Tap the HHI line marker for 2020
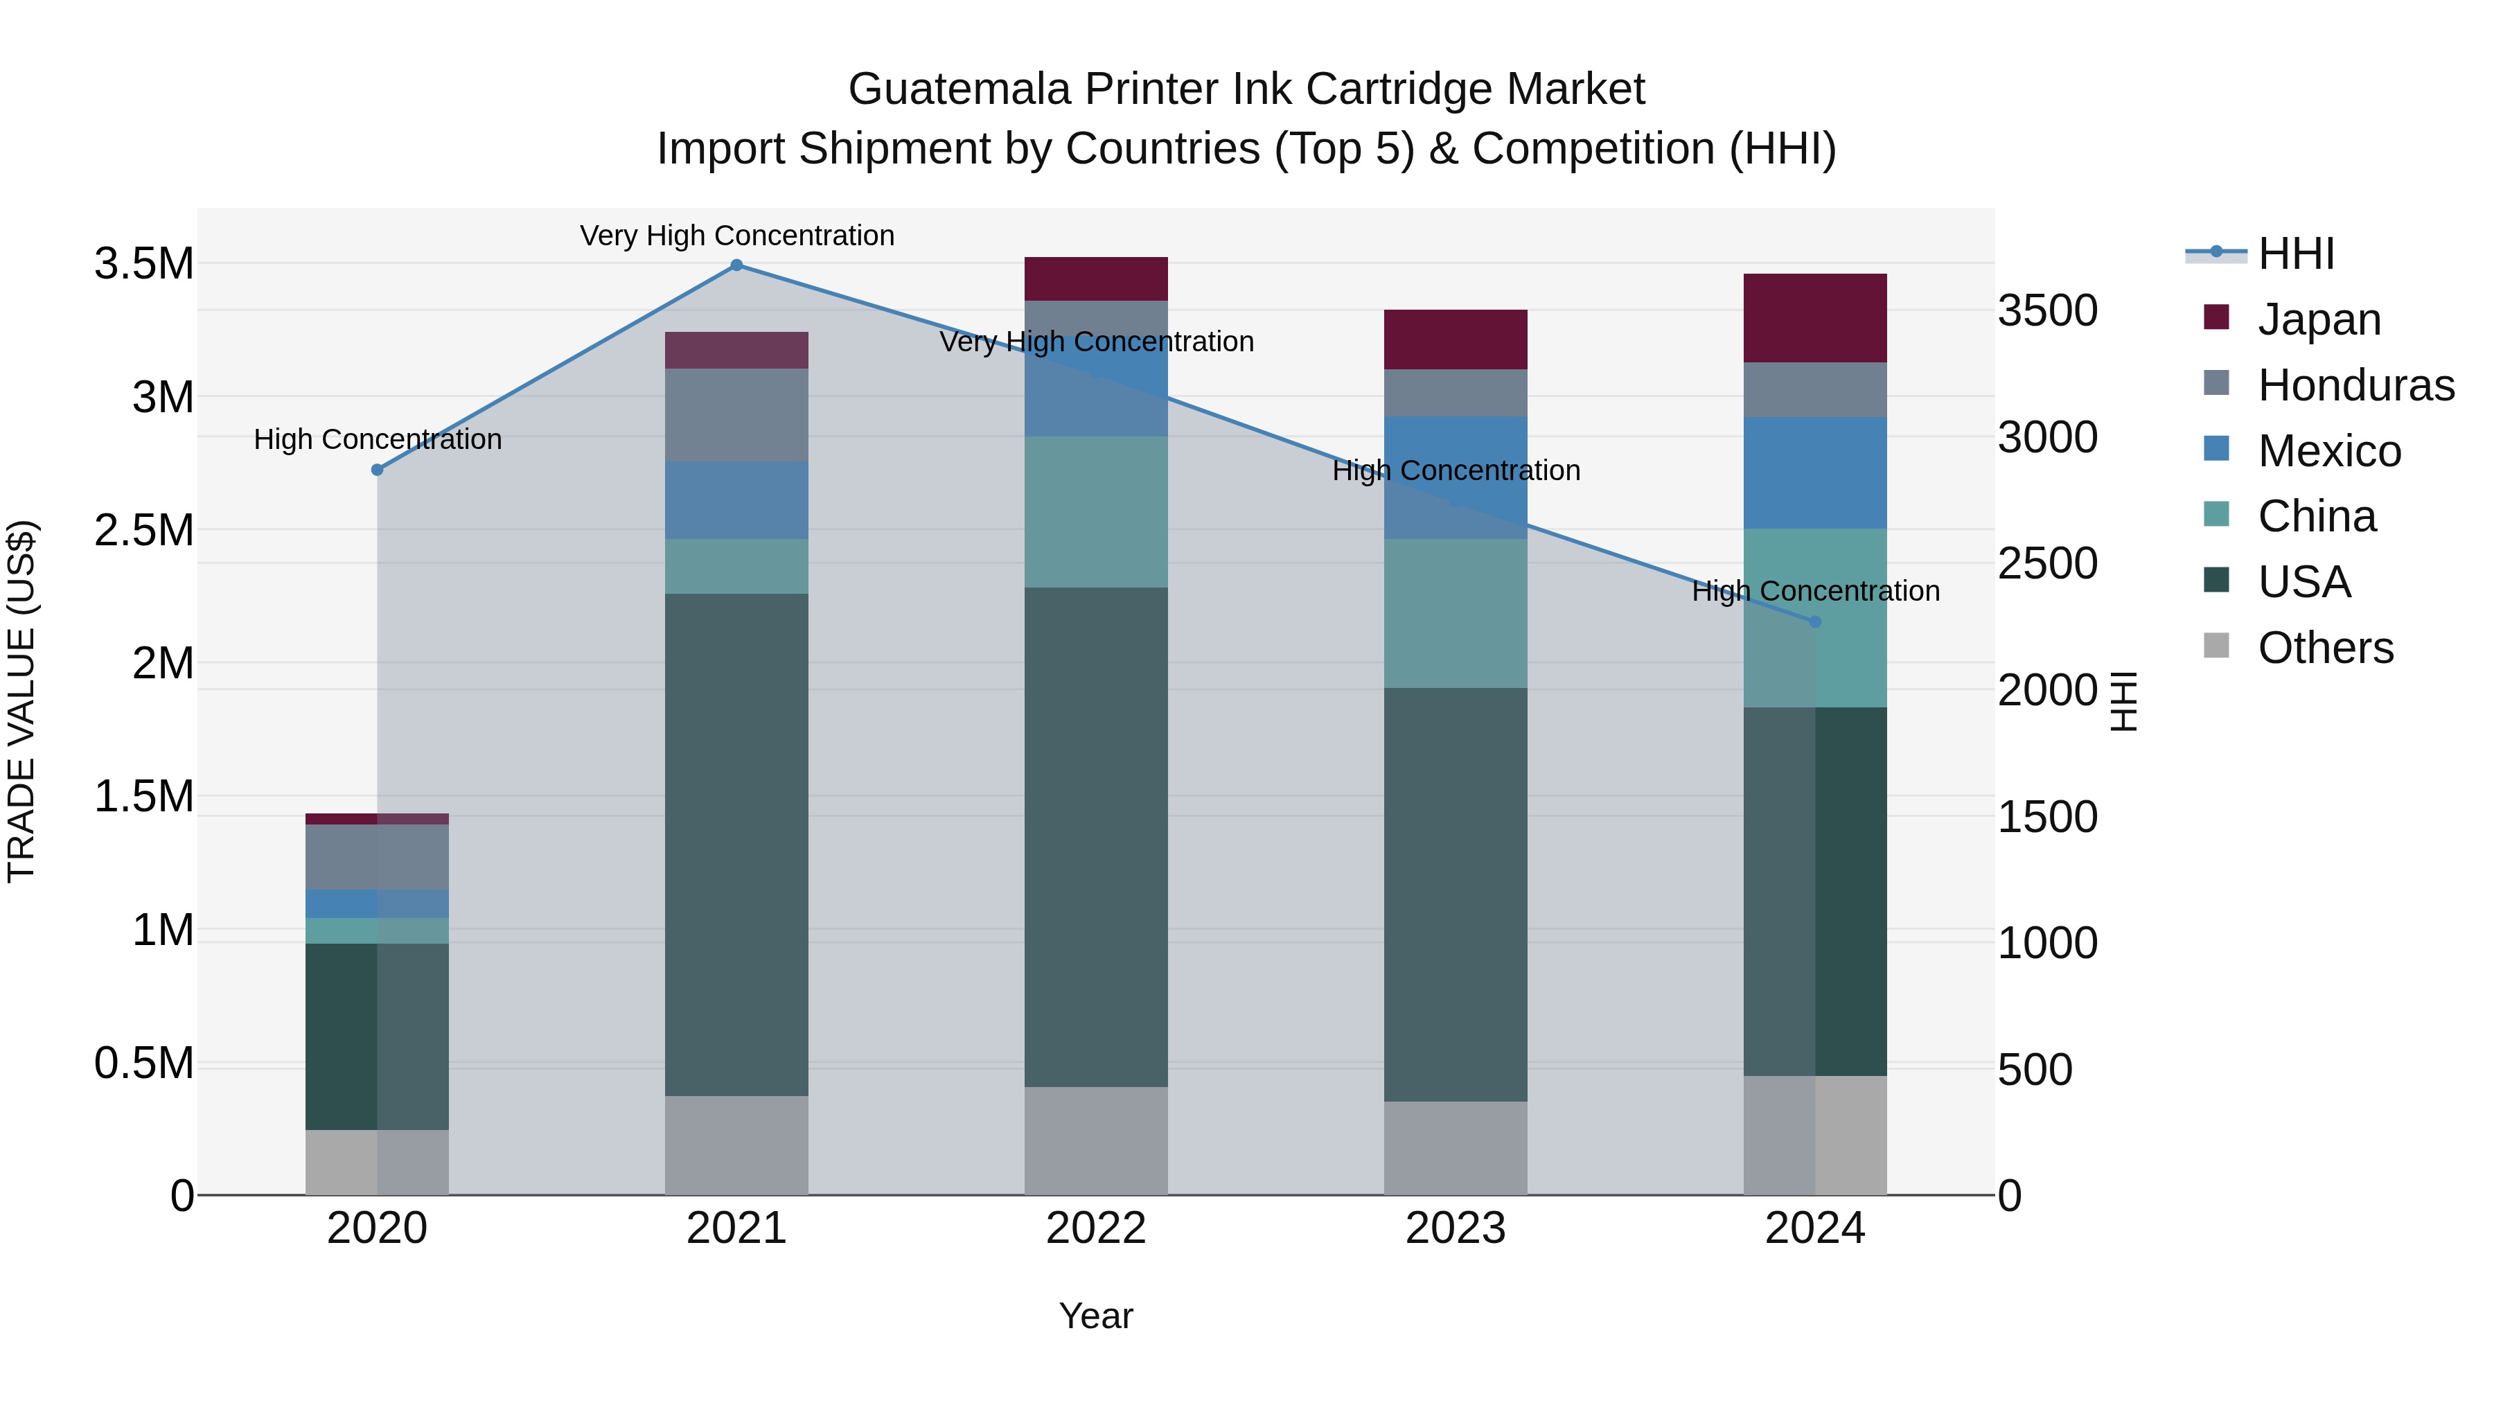point(378,470)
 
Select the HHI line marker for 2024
point(1815,621)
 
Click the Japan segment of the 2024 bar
point(1815,317)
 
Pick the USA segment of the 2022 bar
point(1096,838)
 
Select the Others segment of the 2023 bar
point(1455,1147)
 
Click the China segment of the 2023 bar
point(1455,614)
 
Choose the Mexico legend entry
point(2328,451)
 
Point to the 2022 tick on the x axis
point(1096,1228)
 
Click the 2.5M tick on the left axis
point(143,531)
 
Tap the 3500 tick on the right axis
point(2048,311)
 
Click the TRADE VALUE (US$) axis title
point(21,701)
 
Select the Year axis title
point(1096,1316)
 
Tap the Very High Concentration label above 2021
point(737,236)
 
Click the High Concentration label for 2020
point(378,439)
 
